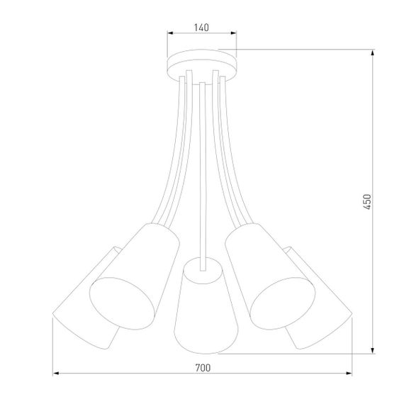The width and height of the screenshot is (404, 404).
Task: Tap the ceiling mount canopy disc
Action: [201, 64]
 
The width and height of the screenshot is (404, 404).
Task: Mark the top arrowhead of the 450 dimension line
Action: [374, 52]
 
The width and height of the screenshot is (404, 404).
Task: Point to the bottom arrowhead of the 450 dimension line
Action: [374, 352]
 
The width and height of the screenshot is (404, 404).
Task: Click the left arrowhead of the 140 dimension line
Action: [169, 33]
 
